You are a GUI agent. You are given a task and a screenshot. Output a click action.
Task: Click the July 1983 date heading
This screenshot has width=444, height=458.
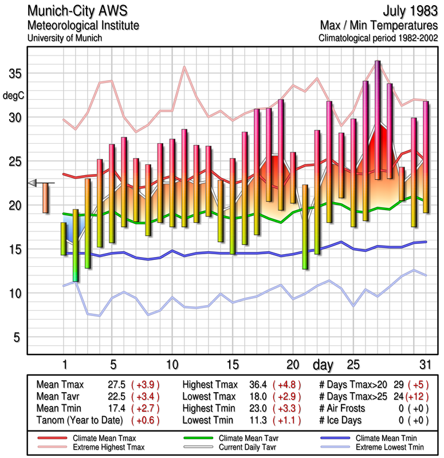point(409,11)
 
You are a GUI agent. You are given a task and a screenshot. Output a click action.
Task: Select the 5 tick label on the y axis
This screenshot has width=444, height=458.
point(18,337)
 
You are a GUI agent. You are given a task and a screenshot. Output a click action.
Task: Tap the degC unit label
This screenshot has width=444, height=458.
point(14,96)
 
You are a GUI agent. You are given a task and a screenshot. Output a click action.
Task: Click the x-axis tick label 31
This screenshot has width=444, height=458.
point(424,364)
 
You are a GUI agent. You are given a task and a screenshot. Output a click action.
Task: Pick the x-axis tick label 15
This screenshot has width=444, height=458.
point(232,364)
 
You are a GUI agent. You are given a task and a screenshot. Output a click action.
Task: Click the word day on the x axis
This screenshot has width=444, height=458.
point(324,364)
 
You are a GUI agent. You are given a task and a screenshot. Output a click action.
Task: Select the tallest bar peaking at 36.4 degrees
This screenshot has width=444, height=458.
point(378,120)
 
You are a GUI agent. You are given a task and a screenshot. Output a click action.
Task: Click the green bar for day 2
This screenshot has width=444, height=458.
point(76,245)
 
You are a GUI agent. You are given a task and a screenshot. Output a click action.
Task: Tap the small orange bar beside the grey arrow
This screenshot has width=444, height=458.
point(45,198)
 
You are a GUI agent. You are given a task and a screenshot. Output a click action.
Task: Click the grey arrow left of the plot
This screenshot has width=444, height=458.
point(33,183)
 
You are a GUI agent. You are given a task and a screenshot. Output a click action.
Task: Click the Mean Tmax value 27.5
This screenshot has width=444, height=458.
point(115,385)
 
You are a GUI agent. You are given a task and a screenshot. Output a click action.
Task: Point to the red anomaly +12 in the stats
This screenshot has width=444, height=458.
point(417,396)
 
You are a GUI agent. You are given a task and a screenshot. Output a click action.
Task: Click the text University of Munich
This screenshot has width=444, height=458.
point(64,38)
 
